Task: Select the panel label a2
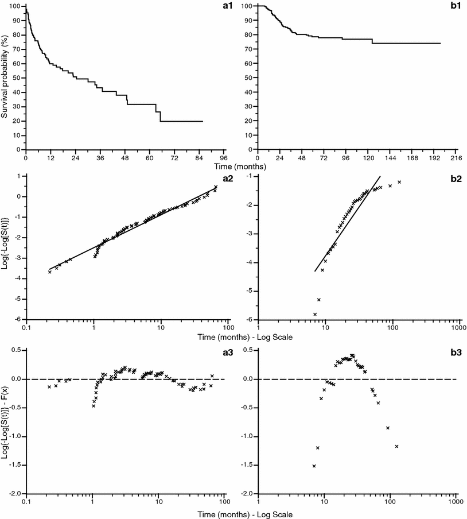219,179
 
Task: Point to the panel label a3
219,351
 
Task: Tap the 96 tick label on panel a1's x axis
224,157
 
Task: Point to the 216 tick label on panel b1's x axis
457,157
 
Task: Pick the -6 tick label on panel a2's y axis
19,320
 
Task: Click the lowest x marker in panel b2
315,314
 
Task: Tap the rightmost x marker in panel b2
399,182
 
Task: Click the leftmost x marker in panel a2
50,272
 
